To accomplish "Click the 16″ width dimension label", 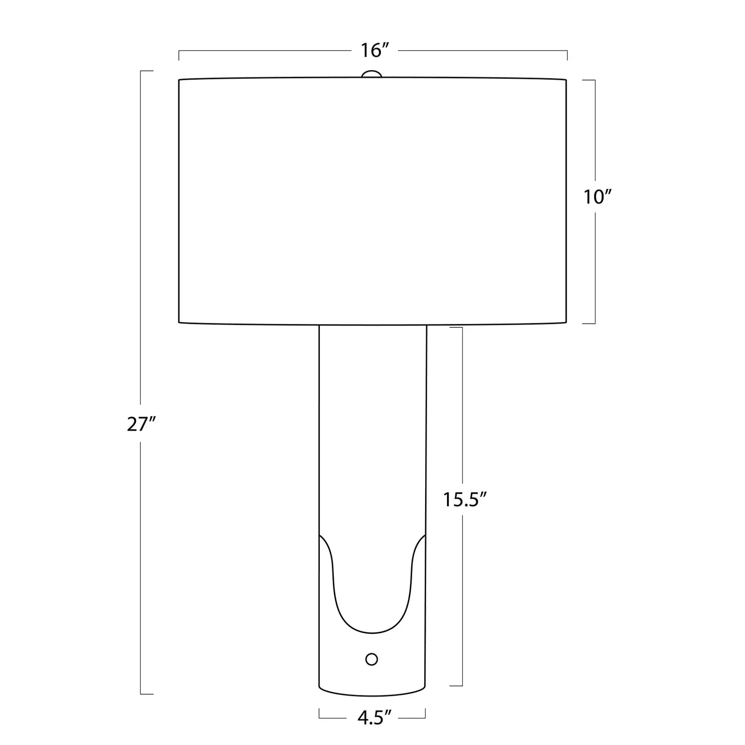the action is point(373,50).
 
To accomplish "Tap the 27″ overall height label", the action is point(142,424).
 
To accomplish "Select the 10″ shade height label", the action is point(596,197).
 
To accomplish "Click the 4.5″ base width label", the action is point(372,718).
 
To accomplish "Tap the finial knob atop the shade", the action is point(372,74).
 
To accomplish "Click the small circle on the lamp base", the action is point(372,659).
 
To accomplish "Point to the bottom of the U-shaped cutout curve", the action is point(372,633).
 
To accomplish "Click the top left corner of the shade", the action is point(179,79).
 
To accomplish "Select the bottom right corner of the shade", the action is point(567,323).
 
